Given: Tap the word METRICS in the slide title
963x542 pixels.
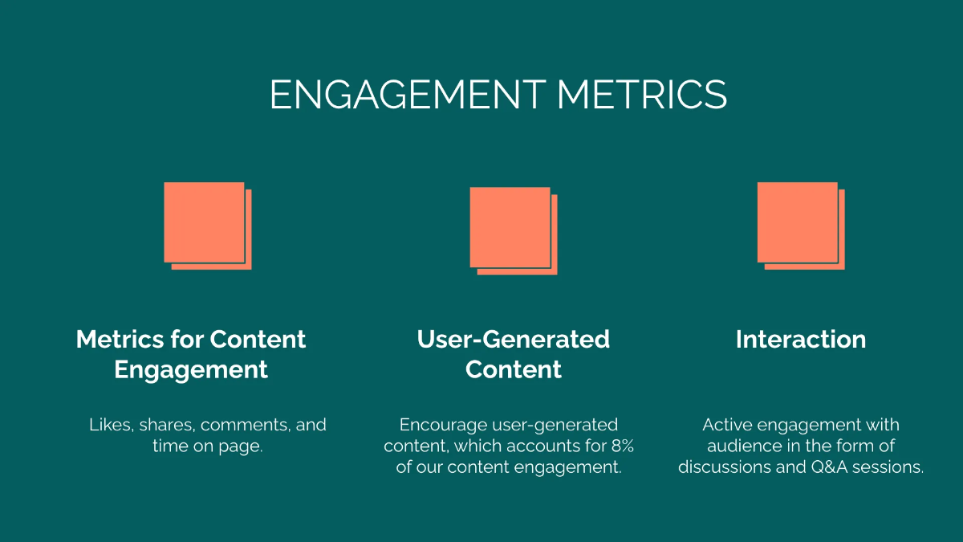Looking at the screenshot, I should [x=642, y=95].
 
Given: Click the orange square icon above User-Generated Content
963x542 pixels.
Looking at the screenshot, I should [x=512, y=229].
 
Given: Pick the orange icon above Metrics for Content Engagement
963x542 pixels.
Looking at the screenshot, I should [x=206, y=224].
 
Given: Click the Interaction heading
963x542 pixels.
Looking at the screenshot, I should [x=800, y=340].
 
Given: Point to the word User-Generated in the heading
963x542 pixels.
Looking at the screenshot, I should [x=513, y=340].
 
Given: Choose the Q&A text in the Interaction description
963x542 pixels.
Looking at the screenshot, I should [x=832, y=467].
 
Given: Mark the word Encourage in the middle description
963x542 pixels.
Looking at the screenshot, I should [x=440, y=425].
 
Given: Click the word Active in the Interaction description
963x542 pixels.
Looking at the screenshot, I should [x=726, y=425].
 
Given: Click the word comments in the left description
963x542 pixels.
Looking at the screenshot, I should [x=246, y=425].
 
